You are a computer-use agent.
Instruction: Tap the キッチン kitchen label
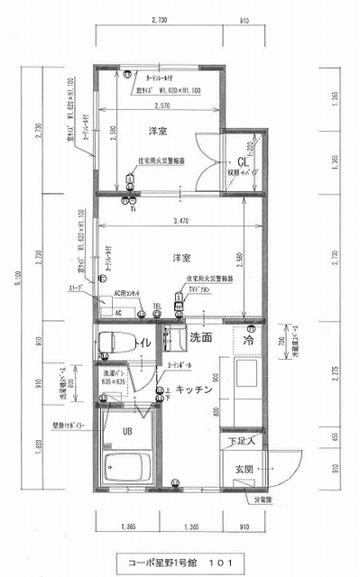pos(194,389)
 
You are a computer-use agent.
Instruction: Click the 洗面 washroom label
pos(200,338)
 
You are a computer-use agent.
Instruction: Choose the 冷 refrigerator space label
pos(248,342)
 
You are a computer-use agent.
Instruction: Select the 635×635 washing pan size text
pos(113,380)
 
